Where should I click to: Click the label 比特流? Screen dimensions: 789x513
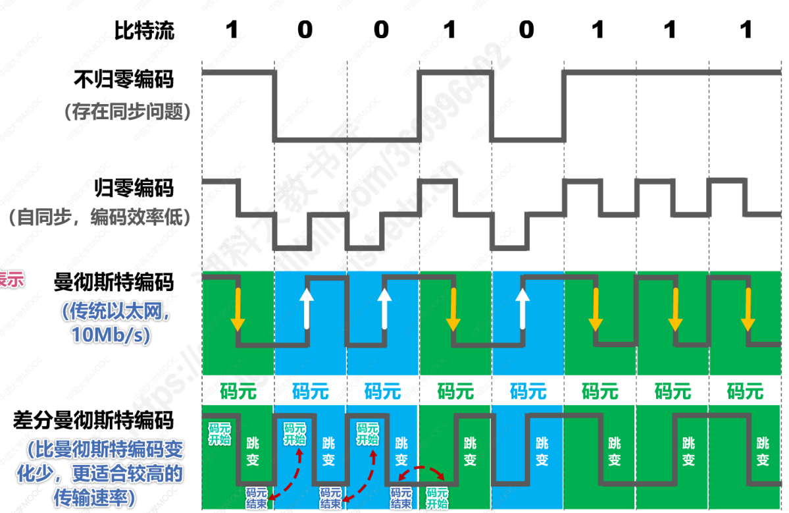(x=145, y=30)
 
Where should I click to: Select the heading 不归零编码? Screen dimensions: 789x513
(x=124, y=80)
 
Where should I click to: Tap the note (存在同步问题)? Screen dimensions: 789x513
(x=128, y=112)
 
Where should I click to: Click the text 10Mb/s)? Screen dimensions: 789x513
(x=111, y=335)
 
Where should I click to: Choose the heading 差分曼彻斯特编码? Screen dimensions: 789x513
(x=93, y=420)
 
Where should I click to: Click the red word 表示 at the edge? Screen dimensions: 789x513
(x=11, y=280)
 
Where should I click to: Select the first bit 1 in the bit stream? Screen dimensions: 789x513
(x=232, y=30)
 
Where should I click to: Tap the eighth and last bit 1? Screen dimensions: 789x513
(x=746, y=30)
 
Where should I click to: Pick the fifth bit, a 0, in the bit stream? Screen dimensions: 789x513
(x=526, y=30)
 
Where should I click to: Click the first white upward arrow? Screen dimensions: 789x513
(x=306, y=307)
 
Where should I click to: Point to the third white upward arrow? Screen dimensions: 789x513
(x=522, y=307)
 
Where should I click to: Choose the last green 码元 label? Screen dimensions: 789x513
(x=745, y=391)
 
